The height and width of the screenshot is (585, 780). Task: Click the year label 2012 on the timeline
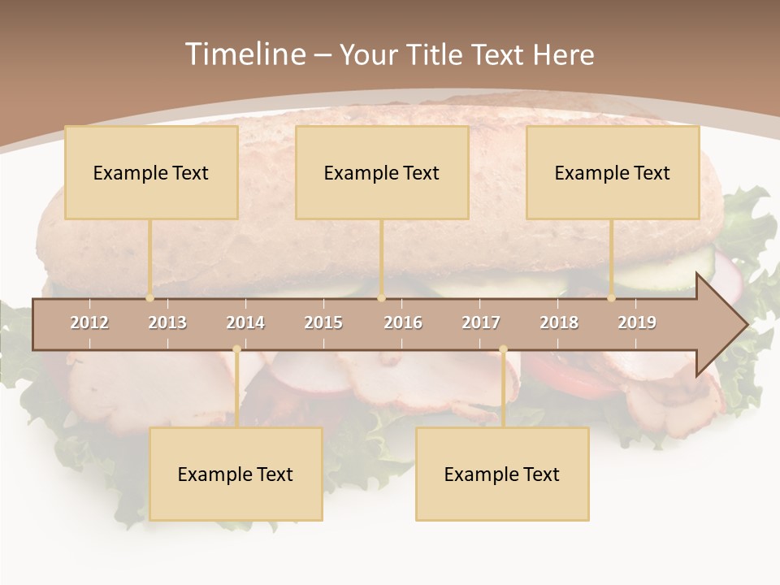pyautogui.click(x=89, y=323)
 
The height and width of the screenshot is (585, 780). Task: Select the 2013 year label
pyautogui.click(x=167, y=323)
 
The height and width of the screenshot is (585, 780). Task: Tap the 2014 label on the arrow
pyautogui.click(x=245, y=323)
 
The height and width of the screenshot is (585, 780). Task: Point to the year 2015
pyautogui.click(x=323, y=323)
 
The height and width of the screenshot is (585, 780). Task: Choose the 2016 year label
pyautogui.click(x=403, y=323)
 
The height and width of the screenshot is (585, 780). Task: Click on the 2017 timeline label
pyautogui.click(x=481, y=323)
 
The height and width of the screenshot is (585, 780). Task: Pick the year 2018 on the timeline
pyautogui.click(x=559, y=323)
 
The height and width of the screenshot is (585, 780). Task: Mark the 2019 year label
pyautogui.click(x=637, y=323)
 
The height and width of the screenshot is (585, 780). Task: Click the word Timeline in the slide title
pyautogui.click(x=244, y=54)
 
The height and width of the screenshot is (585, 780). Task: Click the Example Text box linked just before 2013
pyautogui.click(x=151, y=172)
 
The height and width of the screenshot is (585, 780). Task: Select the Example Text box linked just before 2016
pyautogui.click(x=382, y=172)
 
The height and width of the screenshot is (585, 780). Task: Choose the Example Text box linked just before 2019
pyautogui.click(x=613, y=172)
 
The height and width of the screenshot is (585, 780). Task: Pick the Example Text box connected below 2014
pyautogui.click(x=236, y=474)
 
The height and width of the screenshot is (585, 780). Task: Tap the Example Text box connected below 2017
pyautogui.click(x=502, y=474)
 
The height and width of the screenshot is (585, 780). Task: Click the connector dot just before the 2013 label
pyautogui.click(x=150, y=298)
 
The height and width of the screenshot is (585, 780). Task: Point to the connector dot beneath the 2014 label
pyautogui.click(x=236, y=349)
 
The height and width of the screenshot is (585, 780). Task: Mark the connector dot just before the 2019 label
pyautogui.click(x=612, y=298)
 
